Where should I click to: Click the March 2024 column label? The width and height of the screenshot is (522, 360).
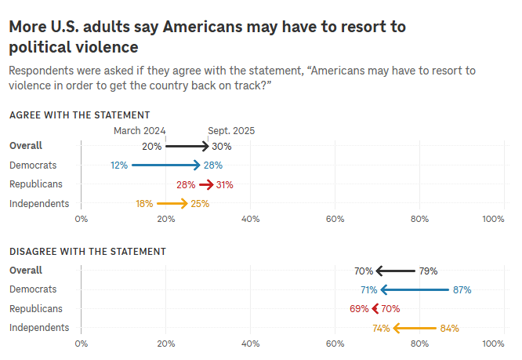[140, 131]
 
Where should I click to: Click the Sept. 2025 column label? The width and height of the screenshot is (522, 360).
[231, 131]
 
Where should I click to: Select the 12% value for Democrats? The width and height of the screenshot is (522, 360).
[119, 165]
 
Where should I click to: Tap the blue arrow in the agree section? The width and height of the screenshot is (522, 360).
[166, 165]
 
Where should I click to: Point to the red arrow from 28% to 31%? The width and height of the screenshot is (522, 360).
[206, 185]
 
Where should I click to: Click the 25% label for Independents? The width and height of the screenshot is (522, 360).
[200, 204]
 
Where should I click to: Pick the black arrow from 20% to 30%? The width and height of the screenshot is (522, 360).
[187, 146]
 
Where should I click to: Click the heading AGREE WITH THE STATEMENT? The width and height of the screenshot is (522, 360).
[79, 115]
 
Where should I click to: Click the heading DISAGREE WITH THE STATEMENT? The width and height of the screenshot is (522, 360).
[88, 252]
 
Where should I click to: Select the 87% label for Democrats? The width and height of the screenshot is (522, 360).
[462, 290]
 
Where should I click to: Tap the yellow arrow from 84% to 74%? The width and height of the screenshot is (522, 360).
[415, 329]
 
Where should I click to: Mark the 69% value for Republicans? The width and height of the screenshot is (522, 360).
[359, 309]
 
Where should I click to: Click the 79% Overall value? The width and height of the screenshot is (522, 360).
[428, 271]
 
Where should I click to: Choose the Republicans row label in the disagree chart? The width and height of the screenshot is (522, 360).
[35, 309]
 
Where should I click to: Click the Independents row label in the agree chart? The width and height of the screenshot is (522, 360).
[39, 204]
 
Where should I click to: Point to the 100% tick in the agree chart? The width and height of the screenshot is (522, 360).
[493, 219]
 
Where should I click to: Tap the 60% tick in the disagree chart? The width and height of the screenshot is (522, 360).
[335, 344]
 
